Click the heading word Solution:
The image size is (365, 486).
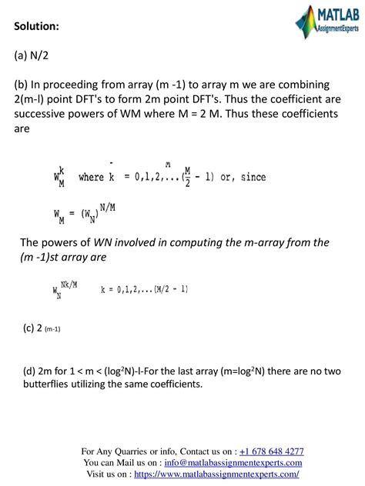coord(37,27)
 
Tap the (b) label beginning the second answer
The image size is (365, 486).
coord(22,84)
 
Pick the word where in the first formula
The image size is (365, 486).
coord(91,178)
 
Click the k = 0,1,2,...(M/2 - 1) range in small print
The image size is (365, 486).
coord(144,289)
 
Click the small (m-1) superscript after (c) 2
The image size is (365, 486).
coord(52,329)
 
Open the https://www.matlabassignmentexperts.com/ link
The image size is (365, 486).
coord(216,474)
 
